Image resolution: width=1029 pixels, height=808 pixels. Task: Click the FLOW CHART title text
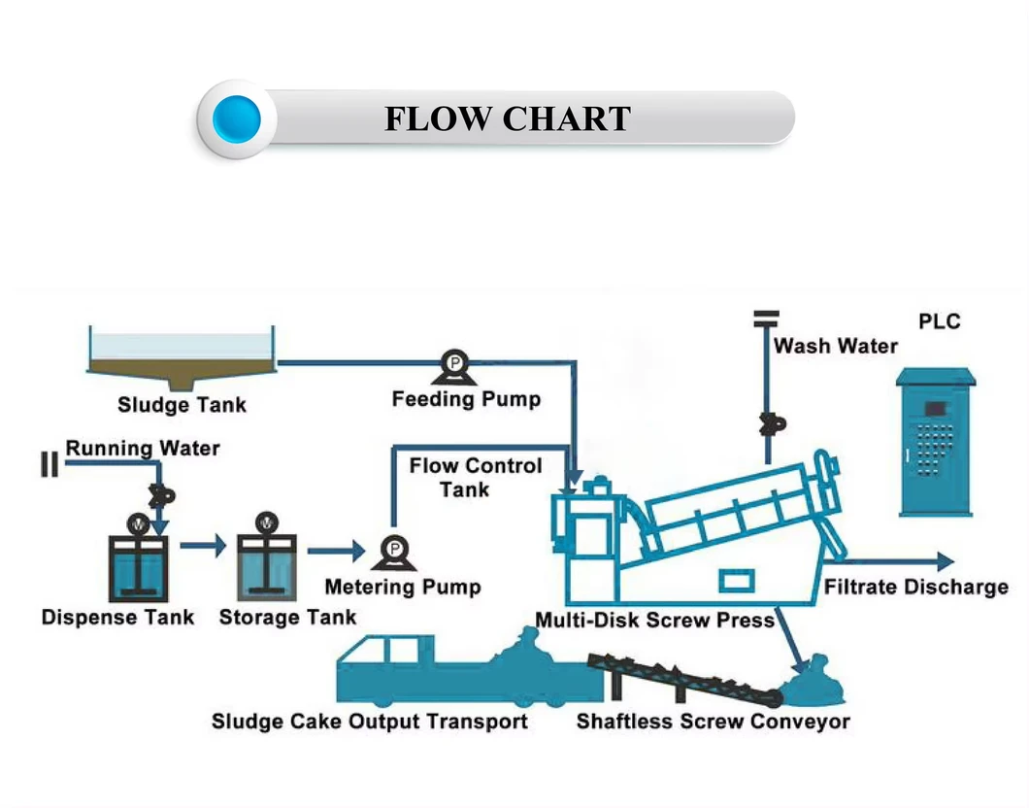tap(507, 119)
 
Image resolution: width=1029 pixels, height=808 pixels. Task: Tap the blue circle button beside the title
tap(237, 119)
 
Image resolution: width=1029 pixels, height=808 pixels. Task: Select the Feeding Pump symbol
tap(453, 366)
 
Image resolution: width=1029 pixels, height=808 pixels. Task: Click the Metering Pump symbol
tap(394, 552)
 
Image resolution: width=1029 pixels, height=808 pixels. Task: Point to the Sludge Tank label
tap(182, 404)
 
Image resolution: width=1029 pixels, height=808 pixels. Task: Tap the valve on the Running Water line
tap(161, 493)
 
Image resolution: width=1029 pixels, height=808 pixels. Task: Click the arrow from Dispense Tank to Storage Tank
tap(202, 547)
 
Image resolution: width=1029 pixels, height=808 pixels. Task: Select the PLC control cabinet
tap(936, 442)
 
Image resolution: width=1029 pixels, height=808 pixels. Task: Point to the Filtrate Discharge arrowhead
tap(944, 560)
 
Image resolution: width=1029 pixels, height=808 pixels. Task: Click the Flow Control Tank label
tap(475, 477)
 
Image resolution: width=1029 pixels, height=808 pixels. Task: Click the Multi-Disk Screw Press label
tap(654, 620)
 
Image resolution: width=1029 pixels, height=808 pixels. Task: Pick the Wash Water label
tap(836, 346)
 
